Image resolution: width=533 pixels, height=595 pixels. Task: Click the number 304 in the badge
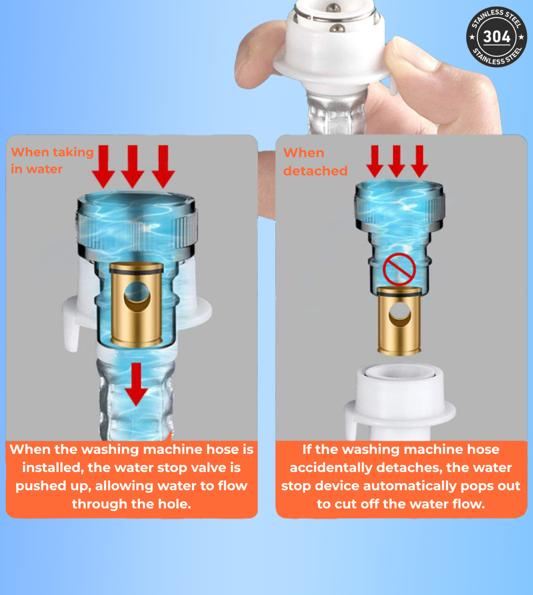496,36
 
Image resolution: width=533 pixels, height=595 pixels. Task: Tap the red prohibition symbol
399,270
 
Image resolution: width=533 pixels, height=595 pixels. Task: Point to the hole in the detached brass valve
400,313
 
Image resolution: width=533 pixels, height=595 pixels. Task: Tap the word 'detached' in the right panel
315,171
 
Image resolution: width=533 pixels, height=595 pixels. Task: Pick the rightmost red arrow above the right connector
419,161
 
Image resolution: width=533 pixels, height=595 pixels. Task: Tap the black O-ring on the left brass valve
136,269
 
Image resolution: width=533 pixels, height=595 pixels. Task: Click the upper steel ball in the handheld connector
334,8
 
